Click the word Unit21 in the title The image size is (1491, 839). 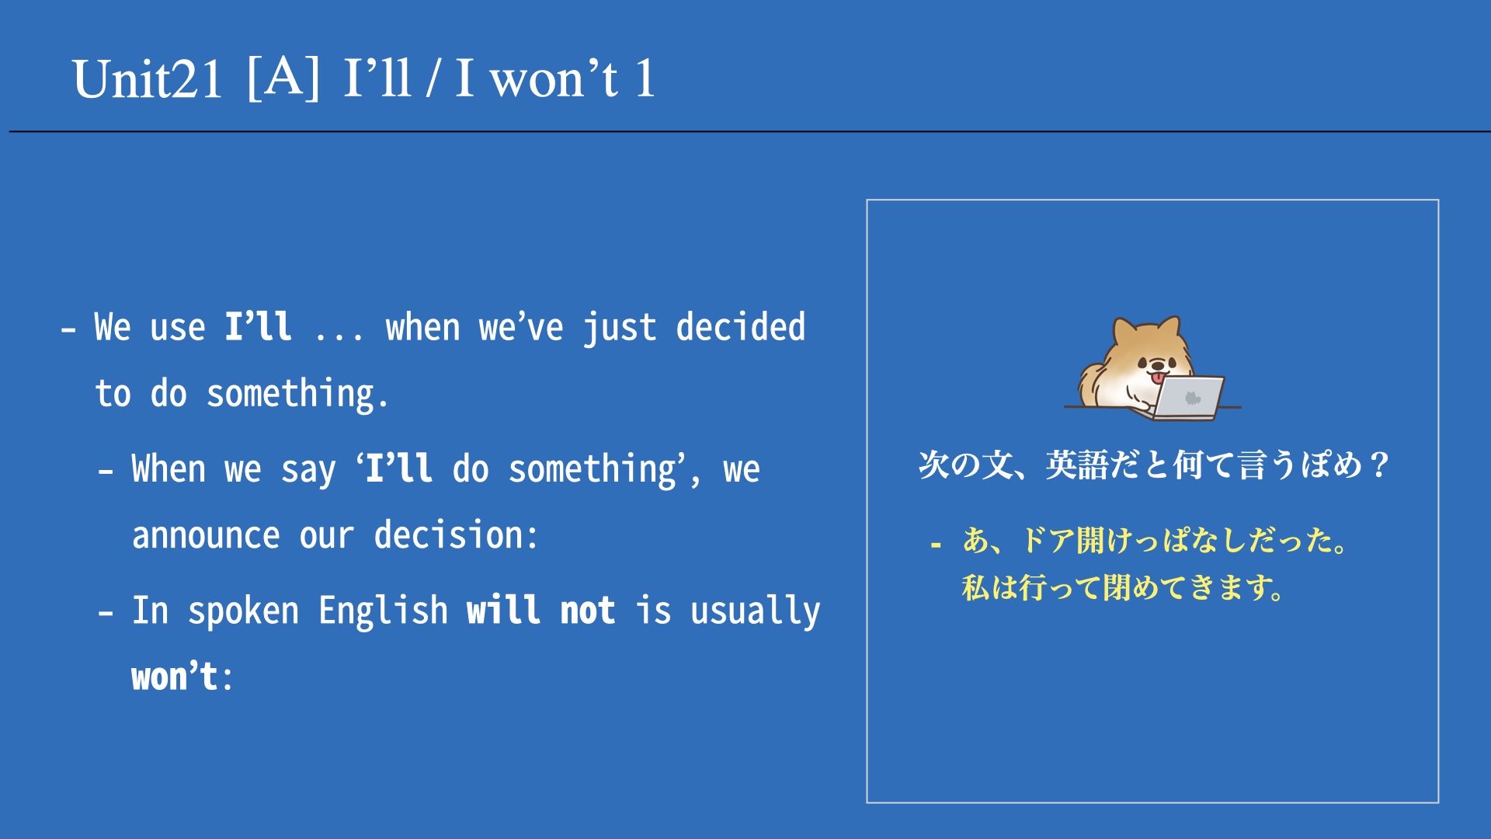148,79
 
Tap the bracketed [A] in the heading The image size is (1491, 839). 283,78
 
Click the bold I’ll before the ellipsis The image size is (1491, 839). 259,327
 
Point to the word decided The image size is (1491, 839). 741,327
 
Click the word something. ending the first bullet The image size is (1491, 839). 297,394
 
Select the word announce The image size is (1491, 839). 206,536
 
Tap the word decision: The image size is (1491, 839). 456,535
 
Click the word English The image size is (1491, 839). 384,611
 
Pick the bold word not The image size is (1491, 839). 588,611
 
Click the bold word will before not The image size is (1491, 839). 503,611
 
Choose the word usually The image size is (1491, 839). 756,611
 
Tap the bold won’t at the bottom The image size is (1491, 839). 175,677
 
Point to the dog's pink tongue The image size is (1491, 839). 1158,378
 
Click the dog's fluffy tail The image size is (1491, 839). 1093,384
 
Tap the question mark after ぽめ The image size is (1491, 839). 1379,465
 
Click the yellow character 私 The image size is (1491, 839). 976,587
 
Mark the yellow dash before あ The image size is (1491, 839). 936,545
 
